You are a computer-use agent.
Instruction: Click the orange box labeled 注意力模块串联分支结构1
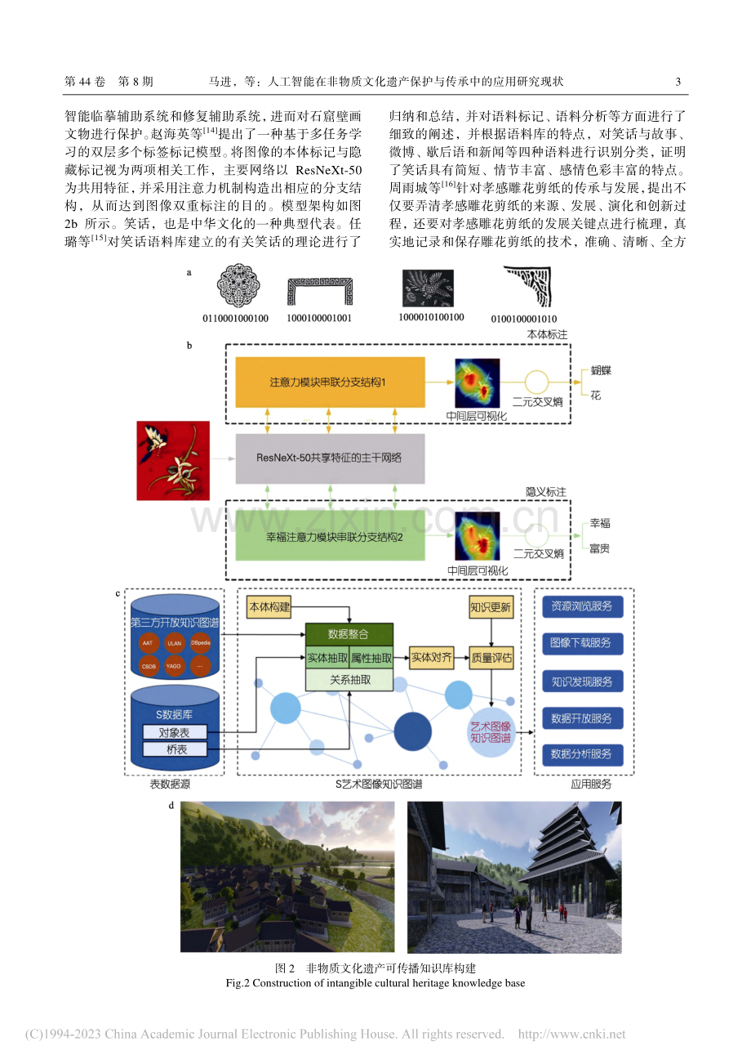330,382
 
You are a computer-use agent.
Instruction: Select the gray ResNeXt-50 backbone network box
330,458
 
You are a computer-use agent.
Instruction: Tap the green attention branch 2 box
330,536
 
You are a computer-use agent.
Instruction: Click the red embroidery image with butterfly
173,460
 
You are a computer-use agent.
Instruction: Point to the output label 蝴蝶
601,370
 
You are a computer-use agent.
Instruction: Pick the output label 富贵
600,548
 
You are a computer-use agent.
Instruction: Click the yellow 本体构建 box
269,607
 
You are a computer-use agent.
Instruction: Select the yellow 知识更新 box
491,607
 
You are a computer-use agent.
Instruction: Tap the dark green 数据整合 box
349,634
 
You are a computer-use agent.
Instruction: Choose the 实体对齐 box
431,657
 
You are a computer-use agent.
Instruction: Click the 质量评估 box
491,657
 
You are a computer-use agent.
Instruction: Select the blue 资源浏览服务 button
582,606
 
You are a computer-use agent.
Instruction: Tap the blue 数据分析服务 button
582,754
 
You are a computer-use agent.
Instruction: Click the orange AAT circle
148,643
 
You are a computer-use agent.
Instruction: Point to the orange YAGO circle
174,666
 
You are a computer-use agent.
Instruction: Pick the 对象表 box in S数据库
175,732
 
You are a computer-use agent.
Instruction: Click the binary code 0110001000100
236,318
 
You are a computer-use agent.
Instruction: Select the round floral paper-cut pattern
238,286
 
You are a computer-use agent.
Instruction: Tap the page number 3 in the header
678,82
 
